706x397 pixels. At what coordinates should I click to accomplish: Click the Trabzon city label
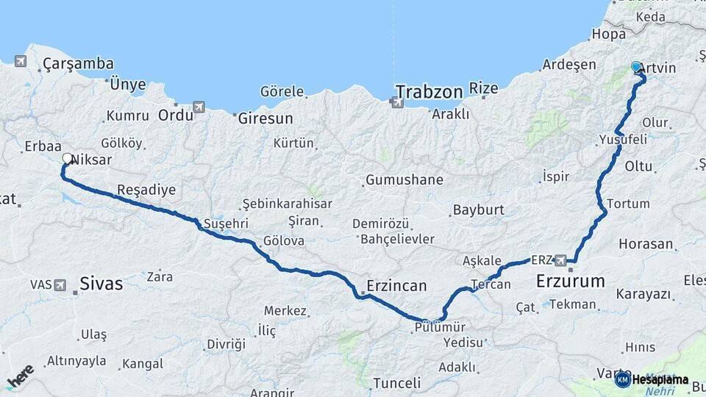(429, 92)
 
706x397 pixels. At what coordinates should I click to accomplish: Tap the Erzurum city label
(571, 281)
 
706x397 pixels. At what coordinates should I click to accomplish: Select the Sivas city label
(101, 283)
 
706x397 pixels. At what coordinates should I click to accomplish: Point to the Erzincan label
(397, 286)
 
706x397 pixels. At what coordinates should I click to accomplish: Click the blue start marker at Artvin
(636, 67)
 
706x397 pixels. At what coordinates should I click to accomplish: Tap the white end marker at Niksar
(68, 158)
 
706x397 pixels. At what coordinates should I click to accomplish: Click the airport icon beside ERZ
(562, 260)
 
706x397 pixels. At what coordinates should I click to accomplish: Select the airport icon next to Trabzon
(398, 102)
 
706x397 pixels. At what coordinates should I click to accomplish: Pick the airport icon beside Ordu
(199, 107)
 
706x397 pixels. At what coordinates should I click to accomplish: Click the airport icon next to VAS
(60, 284)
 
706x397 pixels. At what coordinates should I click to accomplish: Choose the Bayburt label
(478, 210)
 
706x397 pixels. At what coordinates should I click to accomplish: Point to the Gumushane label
(404, 180)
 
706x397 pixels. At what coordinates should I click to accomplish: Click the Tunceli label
(397, 383)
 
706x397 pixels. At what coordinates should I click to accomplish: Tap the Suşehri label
(227, 223)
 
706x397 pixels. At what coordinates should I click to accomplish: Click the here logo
(20, 376)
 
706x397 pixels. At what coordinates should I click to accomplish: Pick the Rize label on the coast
(484, 88)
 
